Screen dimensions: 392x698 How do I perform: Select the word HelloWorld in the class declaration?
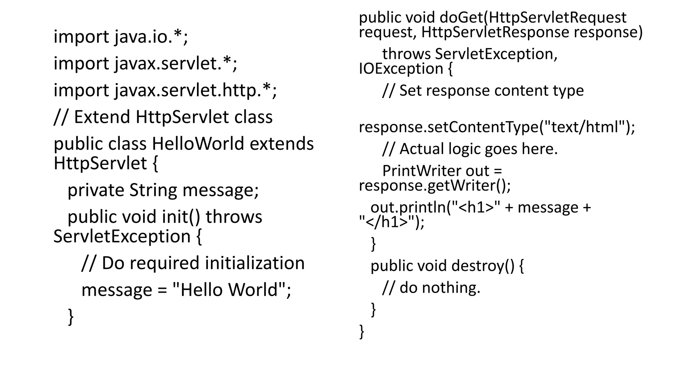(198, 144)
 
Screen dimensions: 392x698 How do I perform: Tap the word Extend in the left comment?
(102, 117)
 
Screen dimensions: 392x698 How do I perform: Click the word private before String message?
(96, 190)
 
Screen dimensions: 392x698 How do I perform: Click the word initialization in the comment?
(255, 263)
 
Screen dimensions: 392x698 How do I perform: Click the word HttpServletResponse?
(495, 32)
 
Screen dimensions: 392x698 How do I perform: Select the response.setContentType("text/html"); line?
(497, 127)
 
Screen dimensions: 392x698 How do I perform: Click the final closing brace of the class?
(362, 331)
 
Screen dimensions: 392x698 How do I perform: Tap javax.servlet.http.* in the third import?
(196, 91)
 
